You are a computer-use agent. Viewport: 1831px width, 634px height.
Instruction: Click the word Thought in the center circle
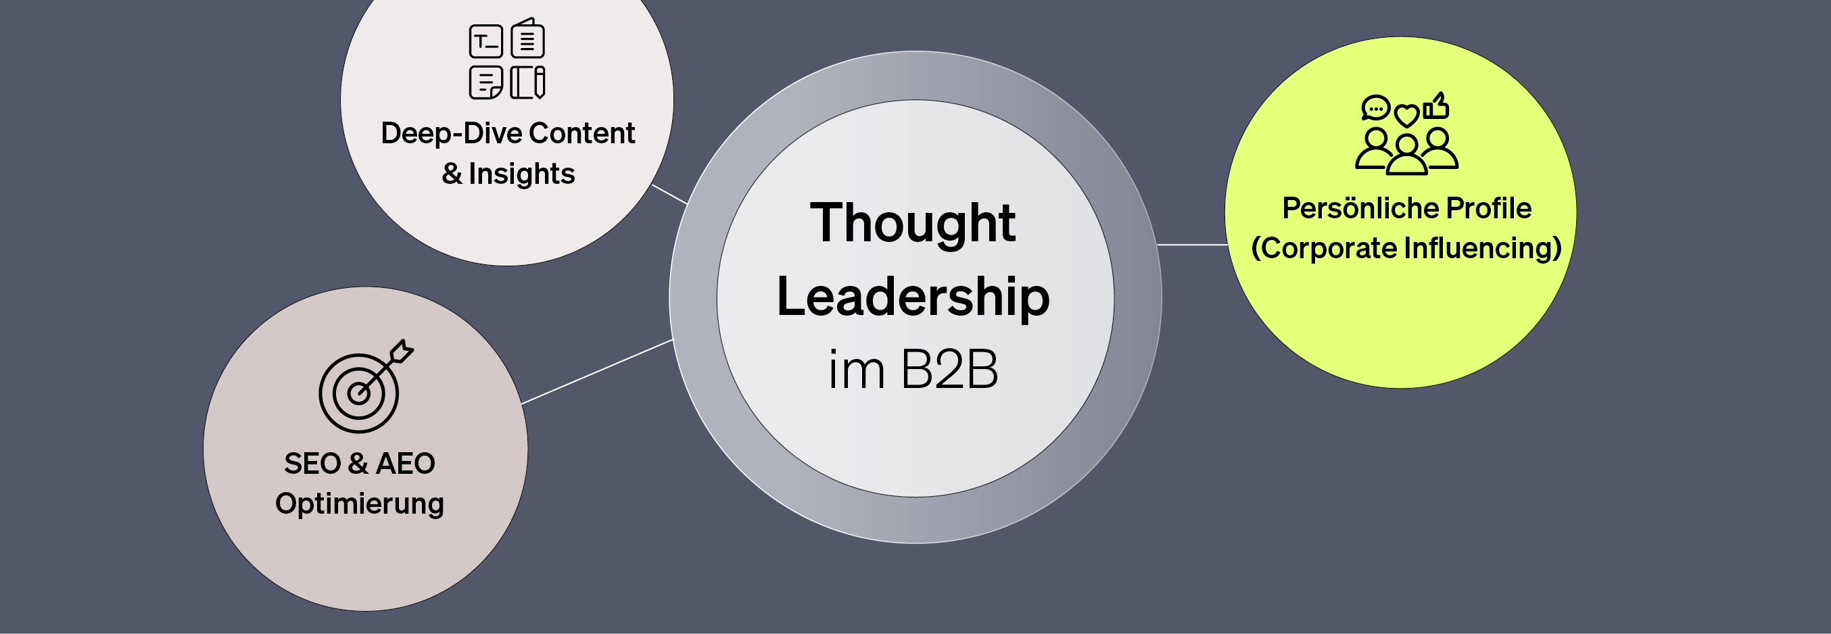pos(913,223)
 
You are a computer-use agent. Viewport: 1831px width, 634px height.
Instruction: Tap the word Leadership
pos(913,297)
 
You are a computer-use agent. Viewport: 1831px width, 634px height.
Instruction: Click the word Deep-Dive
pos(452,134)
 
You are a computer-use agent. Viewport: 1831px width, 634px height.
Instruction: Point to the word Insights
pos(522,174)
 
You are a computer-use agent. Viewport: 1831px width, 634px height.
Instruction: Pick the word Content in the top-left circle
pos(581,134)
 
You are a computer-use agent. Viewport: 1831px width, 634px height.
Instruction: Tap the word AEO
pos(405,464)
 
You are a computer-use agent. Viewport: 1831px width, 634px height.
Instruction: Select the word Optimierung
pos(360,504)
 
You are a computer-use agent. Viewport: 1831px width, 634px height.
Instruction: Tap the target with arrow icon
pos(362,388)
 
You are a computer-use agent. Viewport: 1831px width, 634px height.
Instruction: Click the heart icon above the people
pos(1406,114)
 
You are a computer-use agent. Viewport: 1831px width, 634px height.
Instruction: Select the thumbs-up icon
pos(1437,107)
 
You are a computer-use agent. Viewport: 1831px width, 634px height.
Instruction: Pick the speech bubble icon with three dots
pos(1375,108)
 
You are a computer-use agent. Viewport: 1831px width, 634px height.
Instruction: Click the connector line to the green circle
pos(1192,245)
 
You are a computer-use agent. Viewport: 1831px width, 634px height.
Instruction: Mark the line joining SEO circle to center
pos(597,372)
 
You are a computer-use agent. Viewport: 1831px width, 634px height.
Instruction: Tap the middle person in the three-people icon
pos(1406,156)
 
